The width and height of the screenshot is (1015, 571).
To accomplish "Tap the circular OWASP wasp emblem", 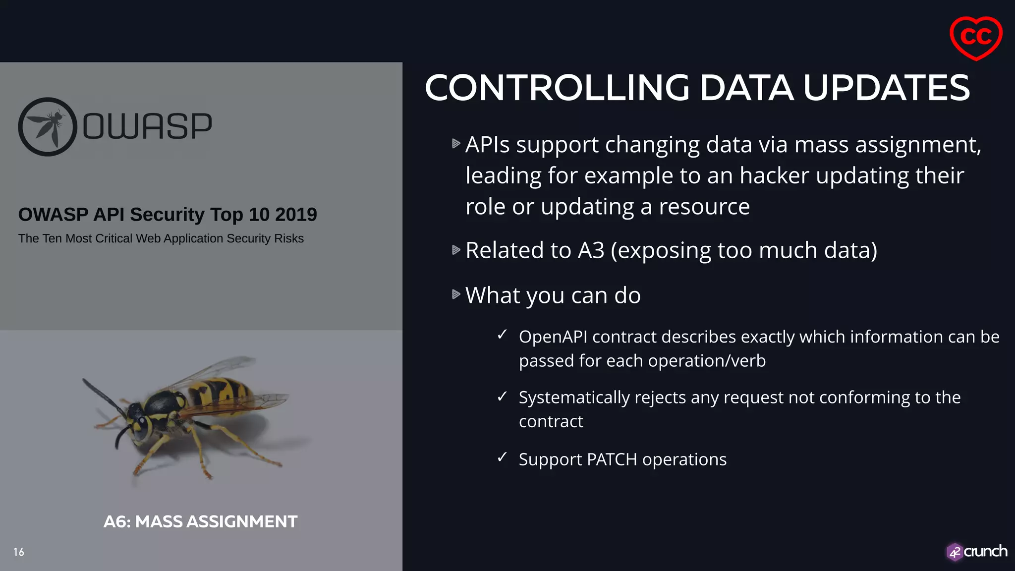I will point(48,127).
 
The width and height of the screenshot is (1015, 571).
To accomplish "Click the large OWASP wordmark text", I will point(147,126).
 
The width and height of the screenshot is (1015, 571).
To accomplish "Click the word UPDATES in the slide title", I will point(886,88).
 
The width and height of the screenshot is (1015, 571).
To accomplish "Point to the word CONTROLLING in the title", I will point(557,88).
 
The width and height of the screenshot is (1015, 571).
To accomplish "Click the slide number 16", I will point(19,552).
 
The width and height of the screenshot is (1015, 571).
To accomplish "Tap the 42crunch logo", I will point(976,552).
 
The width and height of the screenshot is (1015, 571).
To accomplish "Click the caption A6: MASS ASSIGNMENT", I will point(200,521).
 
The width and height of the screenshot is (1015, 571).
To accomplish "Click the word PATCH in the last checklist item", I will point(612,459).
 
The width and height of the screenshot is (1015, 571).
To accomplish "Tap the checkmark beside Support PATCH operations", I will point(502,457).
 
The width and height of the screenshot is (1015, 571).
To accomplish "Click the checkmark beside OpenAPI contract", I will point(502,335).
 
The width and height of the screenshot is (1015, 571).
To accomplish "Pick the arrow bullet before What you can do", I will point(456,294).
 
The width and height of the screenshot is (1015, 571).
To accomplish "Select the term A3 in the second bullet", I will point(591,250).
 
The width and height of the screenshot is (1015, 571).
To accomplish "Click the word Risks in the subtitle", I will point(289,238).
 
